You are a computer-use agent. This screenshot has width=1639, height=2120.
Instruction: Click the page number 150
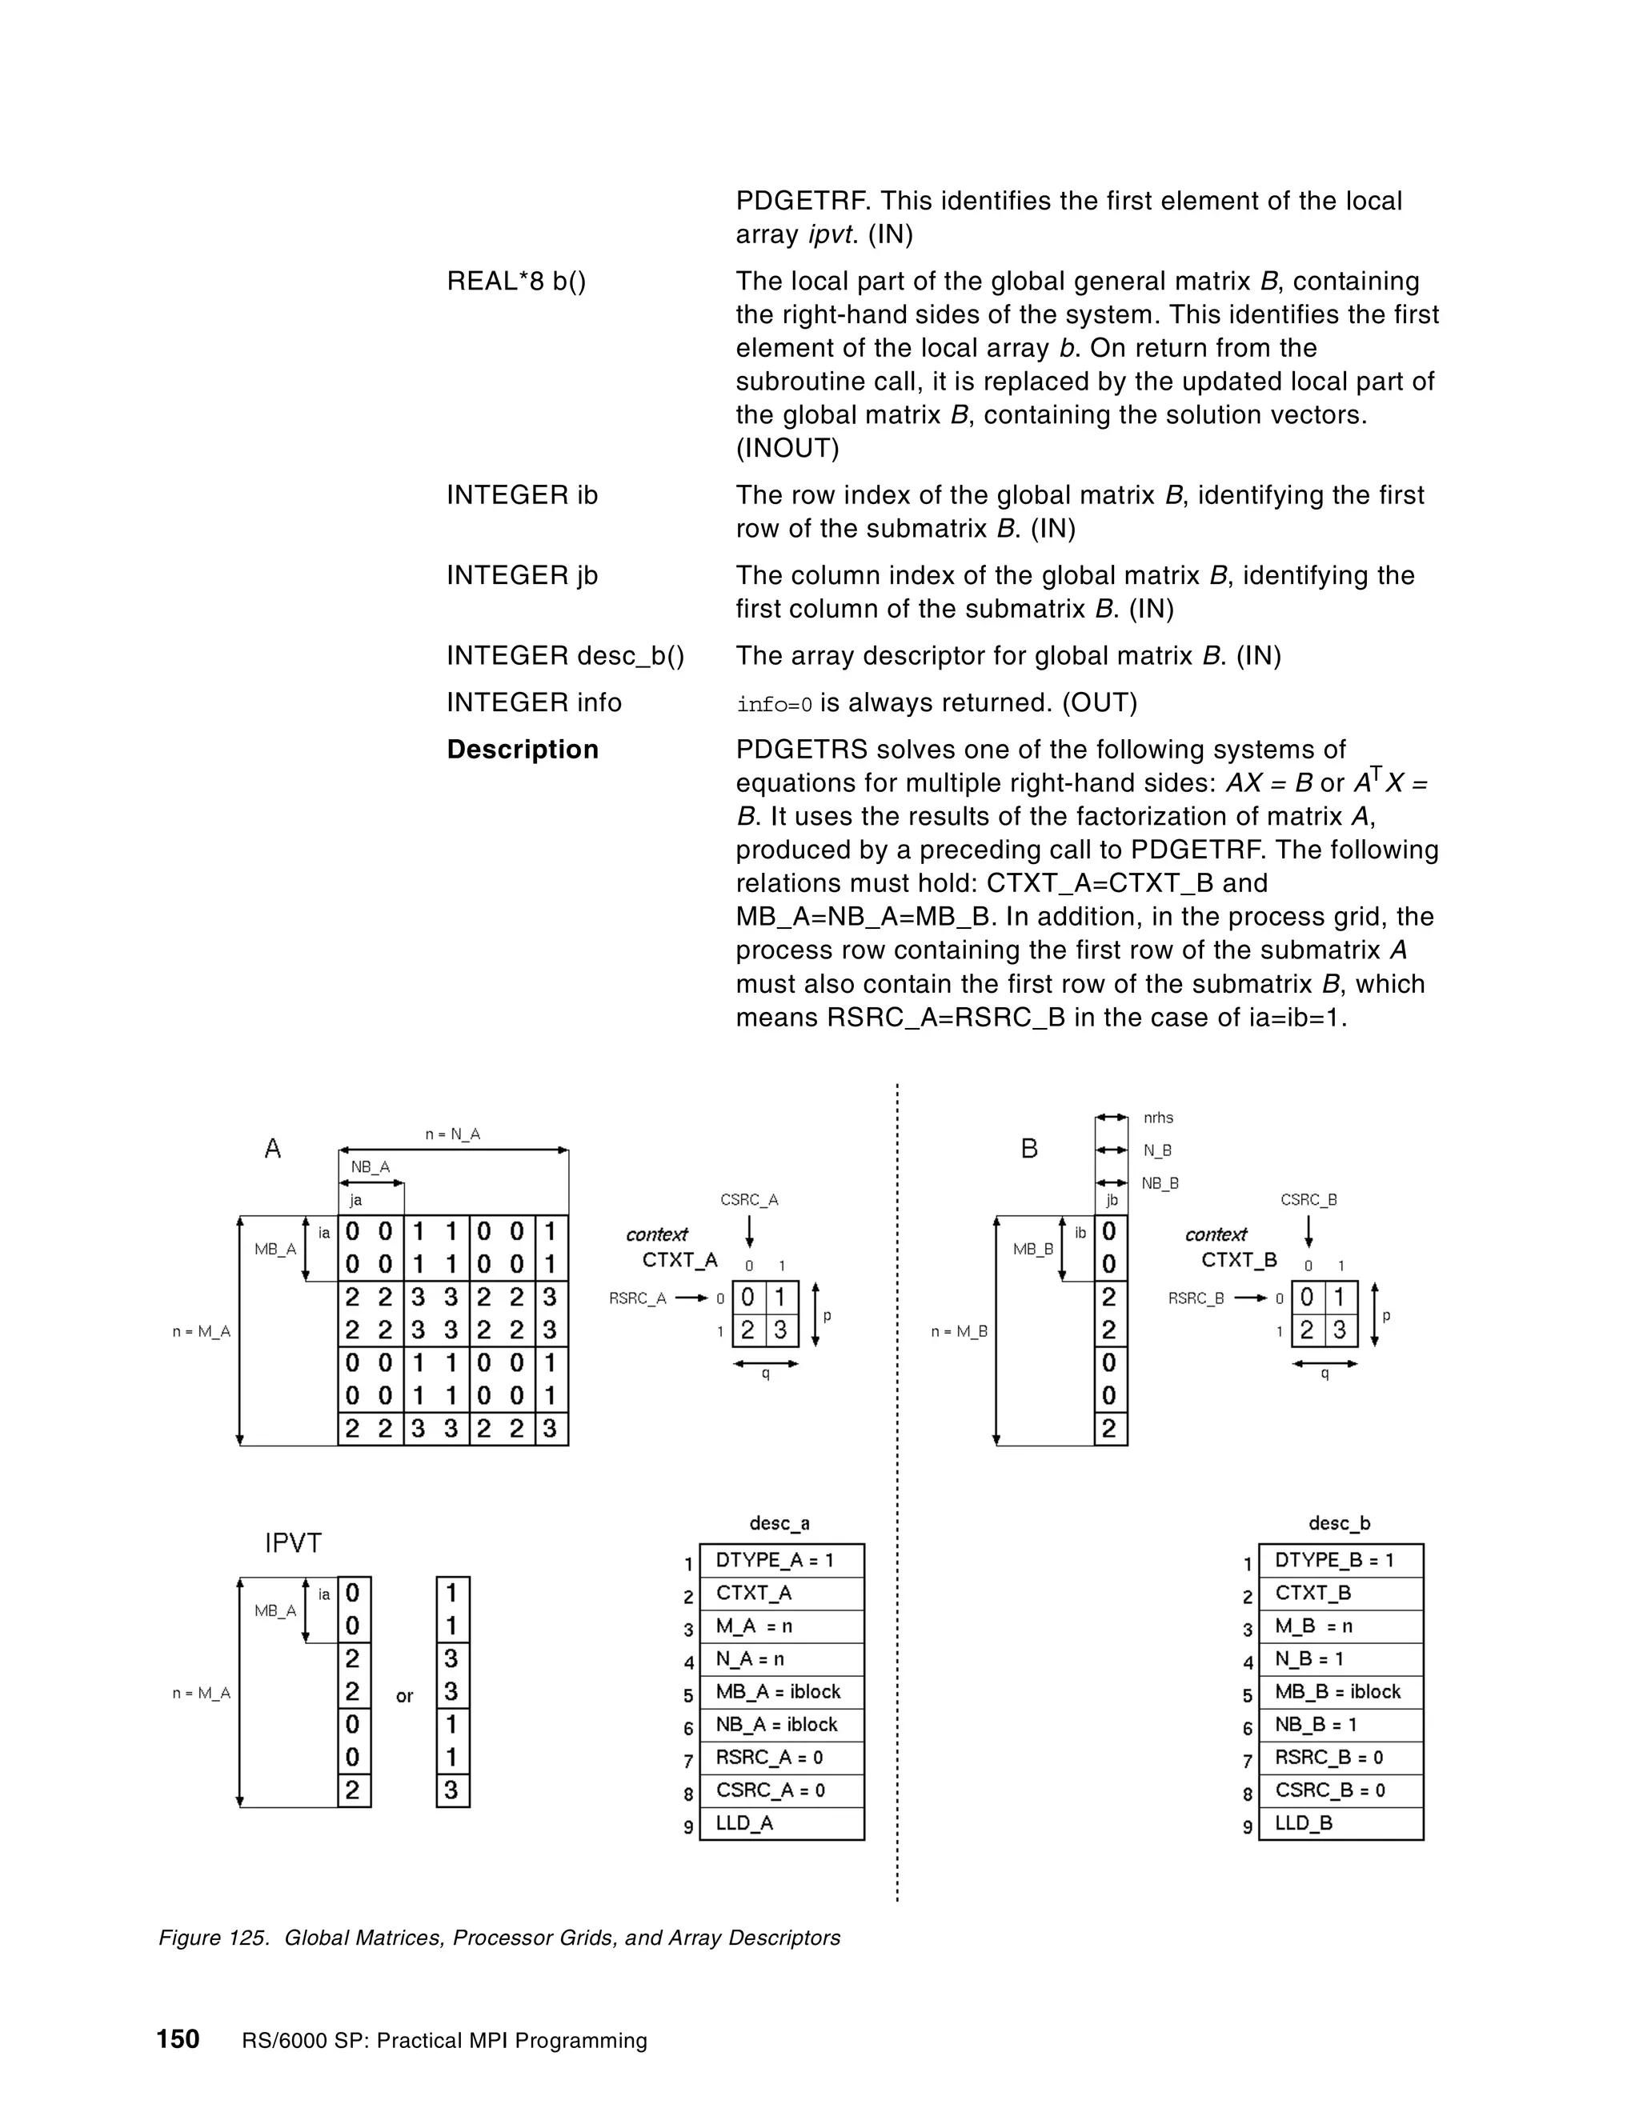178,2038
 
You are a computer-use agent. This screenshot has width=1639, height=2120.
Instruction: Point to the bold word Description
523,750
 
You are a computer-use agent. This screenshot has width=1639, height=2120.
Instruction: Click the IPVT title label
293,1543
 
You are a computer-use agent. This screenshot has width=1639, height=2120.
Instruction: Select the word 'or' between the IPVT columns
404,1696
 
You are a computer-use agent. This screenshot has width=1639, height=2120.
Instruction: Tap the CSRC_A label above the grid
748,1200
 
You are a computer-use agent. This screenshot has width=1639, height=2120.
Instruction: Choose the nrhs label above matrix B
1157,1118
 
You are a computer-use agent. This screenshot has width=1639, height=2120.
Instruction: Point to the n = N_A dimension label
452,1134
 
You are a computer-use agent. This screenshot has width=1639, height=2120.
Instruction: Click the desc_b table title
1339,1523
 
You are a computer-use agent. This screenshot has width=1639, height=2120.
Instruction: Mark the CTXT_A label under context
679,1260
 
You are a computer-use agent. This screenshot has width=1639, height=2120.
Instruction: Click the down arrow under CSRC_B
1308,1231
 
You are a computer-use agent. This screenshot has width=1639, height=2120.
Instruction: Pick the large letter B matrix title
1029,1150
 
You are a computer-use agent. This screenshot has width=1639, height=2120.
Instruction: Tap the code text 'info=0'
774,704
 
